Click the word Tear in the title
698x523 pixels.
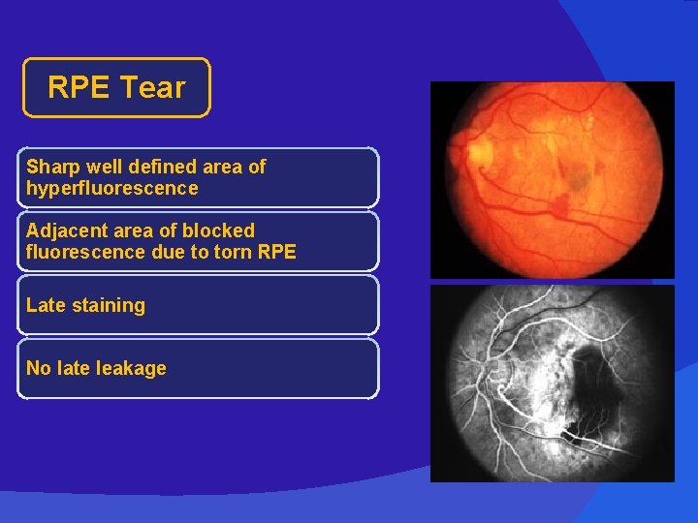click(x=152, y=88)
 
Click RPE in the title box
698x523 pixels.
click(x=79, y=88)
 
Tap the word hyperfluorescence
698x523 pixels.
click(x=111, y=188)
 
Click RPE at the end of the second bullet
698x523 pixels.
click(x=275, y=253)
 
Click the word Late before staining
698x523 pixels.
click(x=45, y=305)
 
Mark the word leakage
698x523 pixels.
click(x=130, y=369)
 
